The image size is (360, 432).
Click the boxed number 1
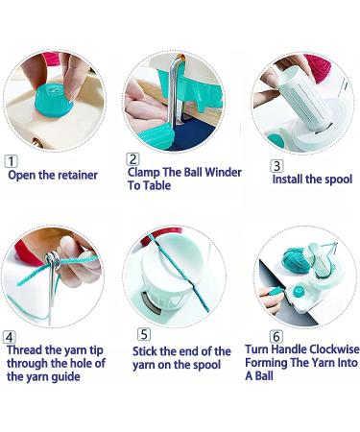[x=12, y=162]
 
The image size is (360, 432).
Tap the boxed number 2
[x=133, y=159]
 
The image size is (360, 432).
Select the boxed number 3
[x=277, y=165]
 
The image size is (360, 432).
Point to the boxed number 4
[x=10, y=337]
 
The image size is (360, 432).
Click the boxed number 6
[x=276, y=336]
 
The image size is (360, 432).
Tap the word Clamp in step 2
[x=147, y=173]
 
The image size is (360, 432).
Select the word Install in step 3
[x=289, y=180]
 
